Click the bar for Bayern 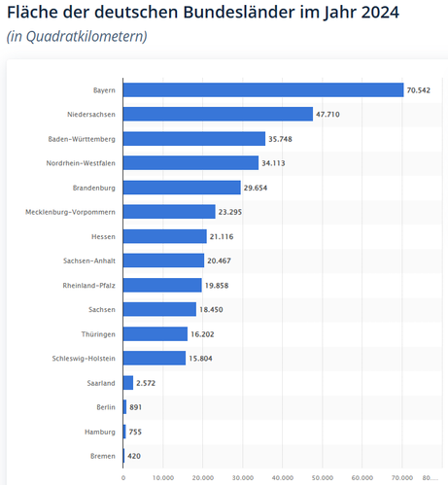(x=263, y=90)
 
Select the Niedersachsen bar (x=218, y=114)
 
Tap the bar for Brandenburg (x=182, y=188)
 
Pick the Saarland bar (x=128, y=383)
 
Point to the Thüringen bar (x=155, y=334)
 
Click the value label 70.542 (x=419, y=90)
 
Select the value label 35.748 (x=280, y=139)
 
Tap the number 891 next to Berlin (x=136, y=407)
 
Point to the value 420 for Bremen (x=134, y=456)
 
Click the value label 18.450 (x=211, y=310)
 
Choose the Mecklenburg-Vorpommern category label (x=70, y=212)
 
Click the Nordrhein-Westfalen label (x=81, y=163)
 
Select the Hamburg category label (x=100, y=432)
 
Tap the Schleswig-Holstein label (x=84, y=359)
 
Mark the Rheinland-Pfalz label (x=88, y=286)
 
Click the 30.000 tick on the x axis (x=243, y=478)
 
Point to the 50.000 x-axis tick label (x=323, y=478)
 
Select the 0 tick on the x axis (x=123, y=478)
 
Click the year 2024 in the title (x=380, y=13)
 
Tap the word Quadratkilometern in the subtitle (x=85, y=36)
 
